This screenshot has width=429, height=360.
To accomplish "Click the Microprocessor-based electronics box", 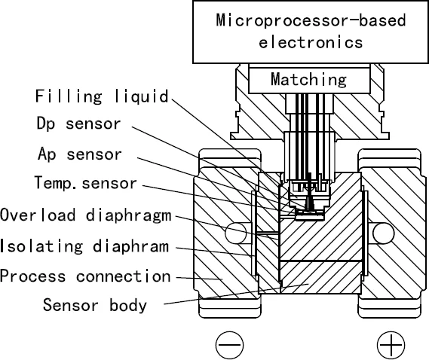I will pyautogui.click(x=310, y=32).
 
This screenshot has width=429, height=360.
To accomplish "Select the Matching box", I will pyautogui.click(x=309, y=79).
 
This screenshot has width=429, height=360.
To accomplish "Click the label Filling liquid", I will pyautogui.click(x=102, y=97).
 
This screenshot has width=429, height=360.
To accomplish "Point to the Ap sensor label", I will pyautogui.click(x=78, y=154).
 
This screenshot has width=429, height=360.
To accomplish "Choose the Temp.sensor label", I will pyautogui.click(x=86, y=183).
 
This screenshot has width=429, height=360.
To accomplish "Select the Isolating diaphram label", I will pyautogui.click(x=84, y=246).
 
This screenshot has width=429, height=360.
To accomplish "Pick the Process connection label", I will pyautogui.click(x=85, y=276).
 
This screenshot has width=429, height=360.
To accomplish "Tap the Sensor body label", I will pyautogui.click(x=94, y=306).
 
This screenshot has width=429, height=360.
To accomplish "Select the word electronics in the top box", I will pyautogui.click(x=310, y=42).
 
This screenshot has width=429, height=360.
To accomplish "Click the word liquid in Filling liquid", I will pyautogui.click(x=141, y=97).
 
